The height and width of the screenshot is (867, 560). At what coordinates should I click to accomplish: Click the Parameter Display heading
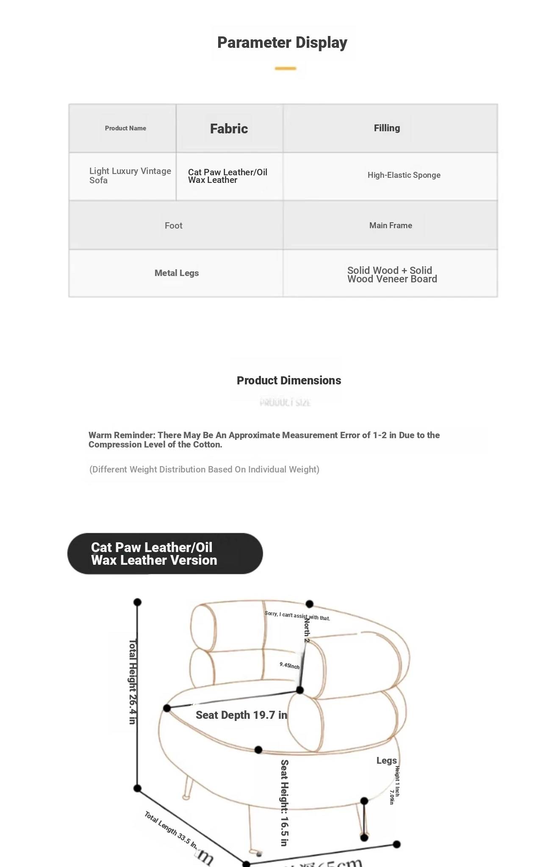[282, 43]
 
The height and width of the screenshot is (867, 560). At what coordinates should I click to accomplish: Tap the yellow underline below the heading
[285, 68]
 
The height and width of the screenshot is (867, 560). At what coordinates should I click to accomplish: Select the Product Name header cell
[125, 128]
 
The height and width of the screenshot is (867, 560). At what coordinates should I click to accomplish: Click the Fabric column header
[229, 129]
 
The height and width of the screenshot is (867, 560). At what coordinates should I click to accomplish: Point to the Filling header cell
[387, 128]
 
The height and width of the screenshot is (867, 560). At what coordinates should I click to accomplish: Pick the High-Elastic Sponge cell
[404, 175]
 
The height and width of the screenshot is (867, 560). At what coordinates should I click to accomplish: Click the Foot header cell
[174, 226]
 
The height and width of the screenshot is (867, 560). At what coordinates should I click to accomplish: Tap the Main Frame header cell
[391, 226]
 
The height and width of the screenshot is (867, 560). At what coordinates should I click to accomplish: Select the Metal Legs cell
[177, 273]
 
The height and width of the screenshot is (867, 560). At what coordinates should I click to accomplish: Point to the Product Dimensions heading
[289, 381]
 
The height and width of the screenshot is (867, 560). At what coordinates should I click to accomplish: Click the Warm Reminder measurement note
[264, 440]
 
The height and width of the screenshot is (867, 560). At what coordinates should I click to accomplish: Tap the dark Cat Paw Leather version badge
[165, 554]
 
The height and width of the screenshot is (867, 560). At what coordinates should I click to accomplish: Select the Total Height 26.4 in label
[132, 682]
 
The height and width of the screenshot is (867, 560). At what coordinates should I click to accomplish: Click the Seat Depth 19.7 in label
[241, 715]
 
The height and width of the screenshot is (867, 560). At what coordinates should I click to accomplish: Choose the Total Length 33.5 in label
[171, 830]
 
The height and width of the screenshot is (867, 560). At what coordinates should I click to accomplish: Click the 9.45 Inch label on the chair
[289, 666]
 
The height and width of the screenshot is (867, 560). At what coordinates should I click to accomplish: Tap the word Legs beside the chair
[387, 761]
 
